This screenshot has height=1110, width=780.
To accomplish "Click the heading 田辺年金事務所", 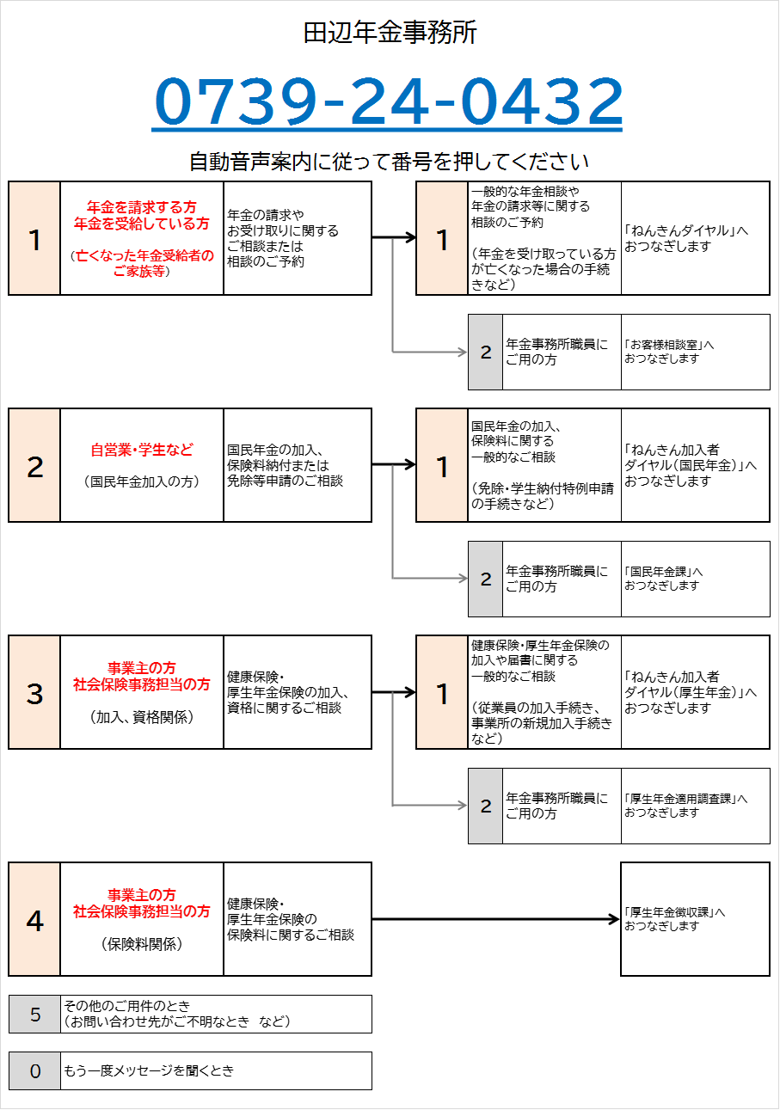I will pyautogui.click(x=390, y=34).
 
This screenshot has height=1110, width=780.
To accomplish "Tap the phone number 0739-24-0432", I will pyautogui.click(x=388, y=102).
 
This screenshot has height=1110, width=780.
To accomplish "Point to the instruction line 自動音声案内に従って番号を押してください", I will pyautogui.click(x=389, y=162).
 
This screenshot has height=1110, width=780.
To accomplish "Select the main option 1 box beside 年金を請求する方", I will pyautogui.click(x=34, y=238).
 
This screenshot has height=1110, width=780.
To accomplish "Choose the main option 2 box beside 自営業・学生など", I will pyautogui.click(x=34, y=465).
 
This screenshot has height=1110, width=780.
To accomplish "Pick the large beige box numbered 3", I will pyautogui.click(x=34, y=692).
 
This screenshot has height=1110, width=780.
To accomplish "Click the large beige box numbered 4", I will pyautogui.click(x=34, y=919).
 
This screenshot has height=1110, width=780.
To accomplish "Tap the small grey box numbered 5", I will pyautogui.click(x=35, y=1015).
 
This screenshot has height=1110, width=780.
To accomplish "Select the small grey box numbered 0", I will pyautogui.click(x=35, y=1071).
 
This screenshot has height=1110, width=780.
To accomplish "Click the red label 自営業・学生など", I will pyautogui.click(x=142, y=450).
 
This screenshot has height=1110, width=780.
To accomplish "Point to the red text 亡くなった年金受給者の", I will pyautogui.click(x=144, y=255).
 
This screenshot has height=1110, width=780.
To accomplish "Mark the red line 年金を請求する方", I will pyautogui.click(x=142, y=207).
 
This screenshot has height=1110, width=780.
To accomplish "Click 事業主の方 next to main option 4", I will pyautogui.click(x=142, y=895).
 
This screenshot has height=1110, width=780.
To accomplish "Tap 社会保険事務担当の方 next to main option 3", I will pyautogui.click(x=142, y=685).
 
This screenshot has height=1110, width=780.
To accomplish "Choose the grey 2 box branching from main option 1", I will pyautogui.click(x=485, y=353).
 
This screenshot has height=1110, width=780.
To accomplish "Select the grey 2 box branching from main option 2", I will pyautogui.click(x=485, y=580).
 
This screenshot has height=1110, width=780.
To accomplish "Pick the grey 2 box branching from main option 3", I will pyautogui.click(x=485, y=806).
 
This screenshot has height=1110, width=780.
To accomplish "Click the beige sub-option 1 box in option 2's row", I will pyautogui.click(x=442, y=465).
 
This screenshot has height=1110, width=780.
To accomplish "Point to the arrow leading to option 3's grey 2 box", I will pyautogui.click(x=430, y=806).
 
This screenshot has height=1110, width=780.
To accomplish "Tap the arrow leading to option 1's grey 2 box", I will pyautogui.click(x=430, y=352).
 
